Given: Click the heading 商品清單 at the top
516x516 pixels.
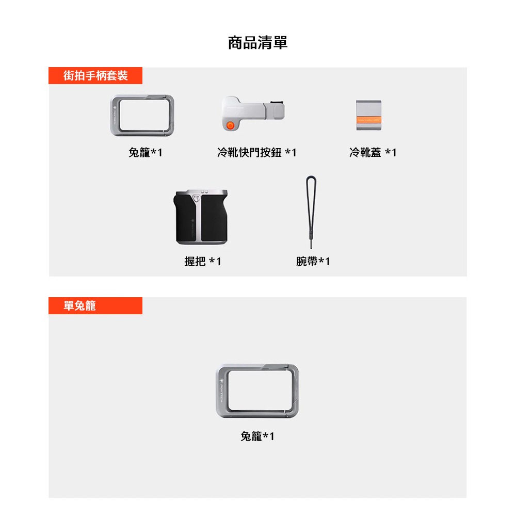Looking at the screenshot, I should (257, 43).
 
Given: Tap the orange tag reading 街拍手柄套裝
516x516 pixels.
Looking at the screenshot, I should (95, 76).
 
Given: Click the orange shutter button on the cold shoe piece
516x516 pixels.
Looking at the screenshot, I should (231, 125).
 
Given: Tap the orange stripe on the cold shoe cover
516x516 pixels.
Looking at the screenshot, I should (369, 121).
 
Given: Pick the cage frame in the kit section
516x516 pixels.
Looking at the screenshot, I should (144, 116).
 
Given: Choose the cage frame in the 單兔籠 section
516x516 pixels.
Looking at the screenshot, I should (257, 391).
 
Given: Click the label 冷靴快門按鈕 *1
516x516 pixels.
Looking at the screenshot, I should (257, 152).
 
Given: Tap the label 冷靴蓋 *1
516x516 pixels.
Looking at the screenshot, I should (373, 152).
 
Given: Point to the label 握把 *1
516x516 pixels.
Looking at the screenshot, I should (203, 262).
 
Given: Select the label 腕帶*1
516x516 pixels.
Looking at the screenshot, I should (313, 262).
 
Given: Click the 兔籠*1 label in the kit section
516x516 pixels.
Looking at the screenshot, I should (145, 152).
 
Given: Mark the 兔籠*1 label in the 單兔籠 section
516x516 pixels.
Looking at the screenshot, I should (257, 437).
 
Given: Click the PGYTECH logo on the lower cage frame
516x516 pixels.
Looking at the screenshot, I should (222, 391).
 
